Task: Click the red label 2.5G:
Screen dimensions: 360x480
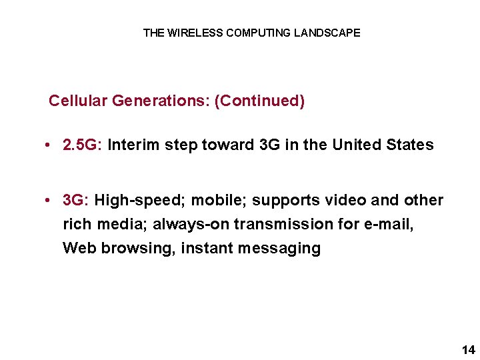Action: coord(82,145)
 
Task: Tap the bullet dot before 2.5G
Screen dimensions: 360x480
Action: coord(51,145)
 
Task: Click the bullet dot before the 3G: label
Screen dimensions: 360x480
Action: coord(51,201)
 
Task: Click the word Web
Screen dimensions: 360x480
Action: coord(78,248)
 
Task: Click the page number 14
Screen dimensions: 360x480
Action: coord(467,349)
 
